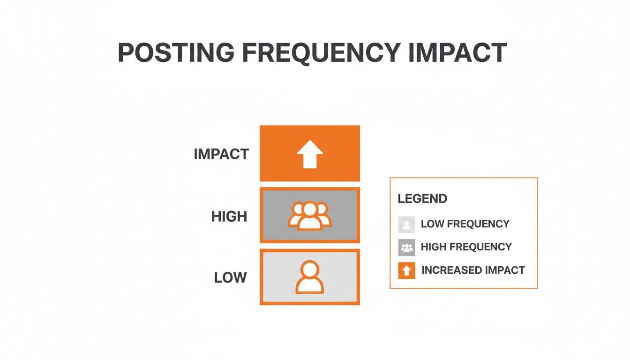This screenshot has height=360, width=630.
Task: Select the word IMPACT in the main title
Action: point(457,52)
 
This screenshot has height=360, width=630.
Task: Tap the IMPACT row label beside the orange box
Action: point(221,154)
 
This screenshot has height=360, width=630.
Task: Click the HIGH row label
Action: point(229,217)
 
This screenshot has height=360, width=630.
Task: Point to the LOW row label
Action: point(230,277)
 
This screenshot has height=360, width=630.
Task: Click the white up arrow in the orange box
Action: point(310,154)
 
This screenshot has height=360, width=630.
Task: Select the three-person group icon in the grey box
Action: point(310,216)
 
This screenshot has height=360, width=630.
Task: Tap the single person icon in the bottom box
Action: point(310,277)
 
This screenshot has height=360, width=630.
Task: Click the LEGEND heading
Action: point(422,199)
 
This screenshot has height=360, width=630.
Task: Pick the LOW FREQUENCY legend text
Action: point(465,224)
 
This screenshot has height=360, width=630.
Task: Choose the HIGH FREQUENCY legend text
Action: point(466,247)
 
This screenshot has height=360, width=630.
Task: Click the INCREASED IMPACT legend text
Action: point(473,270)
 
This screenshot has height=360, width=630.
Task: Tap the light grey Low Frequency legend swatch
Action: point(406,225)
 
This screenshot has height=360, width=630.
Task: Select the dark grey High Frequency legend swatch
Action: point(406,247)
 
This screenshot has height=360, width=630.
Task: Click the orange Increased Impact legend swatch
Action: point(406,270)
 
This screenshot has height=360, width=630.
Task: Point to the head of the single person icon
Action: point(310,270)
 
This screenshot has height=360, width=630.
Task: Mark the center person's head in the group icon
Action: point(310,210)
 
